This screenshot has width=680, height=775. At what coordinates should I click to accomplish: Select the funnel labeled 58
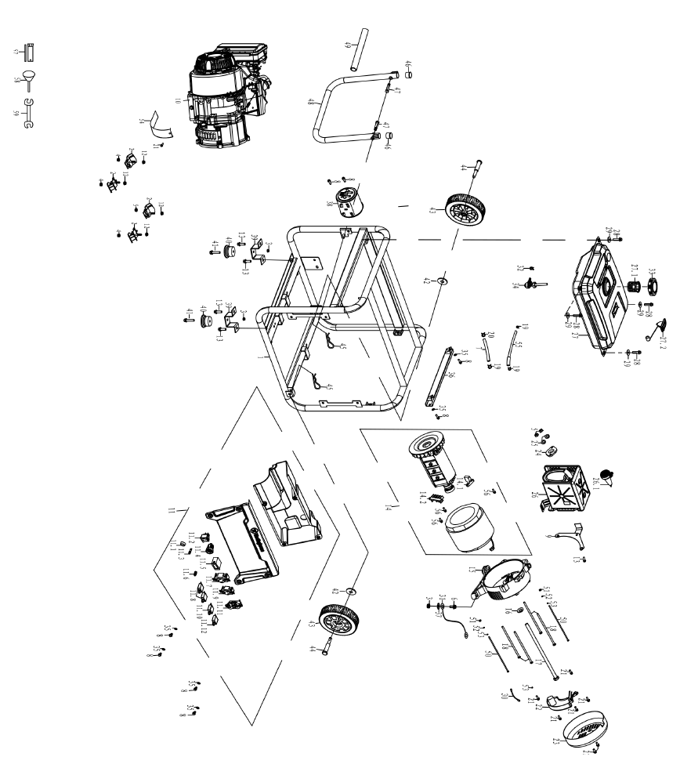point(30,78)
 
